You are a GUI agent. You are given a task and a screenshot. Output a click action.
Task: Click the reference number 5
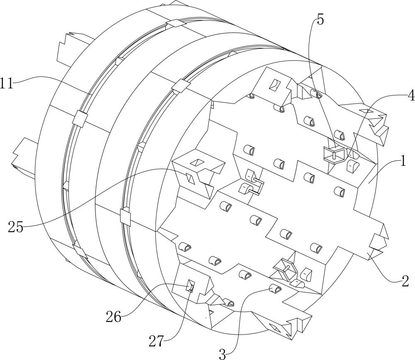coord(320,20)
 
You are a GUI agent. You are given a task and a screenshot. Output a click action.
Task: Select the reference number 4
coord(411,96)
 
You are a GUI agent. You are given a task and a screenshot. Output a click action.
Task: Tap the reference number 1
coord(403,161)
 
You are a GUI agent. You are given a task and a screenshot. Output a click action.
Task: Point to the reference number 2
coord(405,281)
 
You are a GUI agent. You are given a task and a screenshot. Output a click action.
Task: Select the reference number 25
coord(16,227)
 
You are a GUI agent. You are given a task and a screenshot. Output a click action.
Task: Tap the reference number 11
coord(7,83)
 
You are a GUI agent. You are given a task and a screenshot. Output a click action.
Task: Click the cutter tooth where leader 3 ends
coord(275,289)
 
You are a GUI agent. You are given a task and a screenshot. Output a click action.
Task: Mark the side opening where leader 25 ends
coord(190,178)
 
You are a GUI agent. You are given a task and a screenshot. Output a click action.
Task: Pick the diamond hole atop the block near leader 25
coord(197,162)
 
